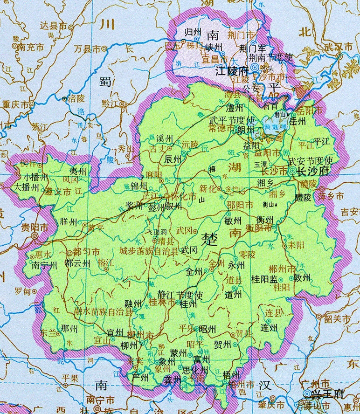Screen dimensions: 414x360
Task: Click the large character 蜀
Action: (x=106, y=81)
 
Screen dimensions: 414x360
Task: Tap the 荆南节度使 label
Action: (x=270, y=57)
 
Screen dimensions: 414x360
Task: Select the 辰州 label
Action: (x=173, y=159)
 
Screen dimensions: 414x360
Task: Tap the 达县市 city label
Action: (x=54, y=26)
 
